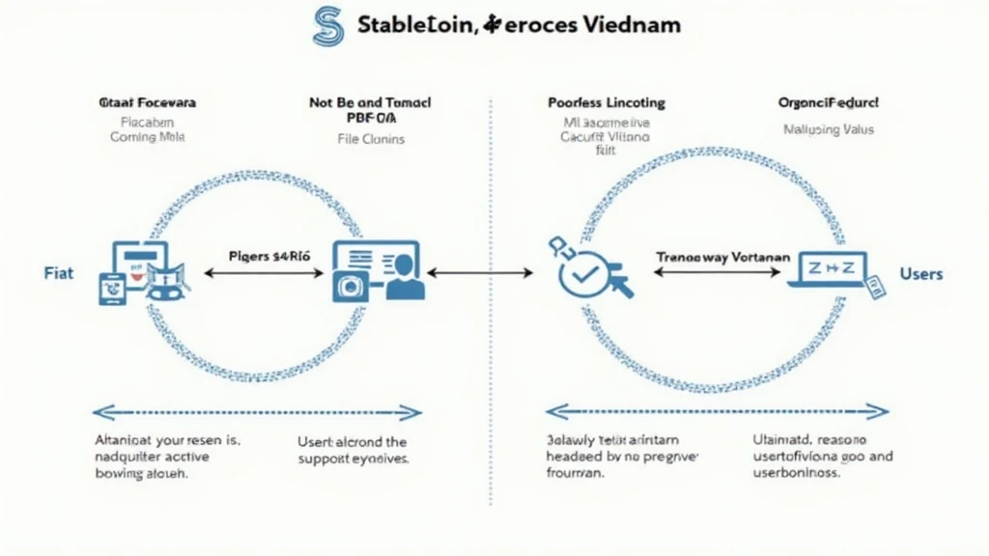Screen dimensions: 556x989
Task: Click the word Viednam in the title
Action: pyautogui.click(x=632, y=24)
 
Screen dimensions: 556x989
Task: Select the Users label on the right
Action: pyautogui.click(x=920, y=274)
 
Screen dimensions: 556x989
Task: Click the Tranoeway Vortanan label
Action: pyautogui.click(x=722, y=258)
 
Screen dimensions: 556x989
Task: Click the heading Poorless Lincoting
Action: pyautogui.click(x=607, y=102)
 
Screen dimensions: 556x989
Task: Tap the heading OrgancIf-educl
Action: pyautogui.click(x=828, y=101)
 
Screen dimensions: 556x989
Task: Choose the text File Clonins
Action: pyautogui.click(x=371, y=139)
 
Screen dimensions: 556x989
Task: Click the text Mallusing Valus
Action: pyautogui.click(x=828, y=129)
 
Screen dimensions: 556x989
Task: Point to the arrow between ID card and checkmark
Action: pyautogui.click(x=480, y=273)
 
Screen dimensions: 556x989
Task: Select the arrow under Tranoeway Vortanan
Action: pyautogui.click(x=718, y=273)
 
